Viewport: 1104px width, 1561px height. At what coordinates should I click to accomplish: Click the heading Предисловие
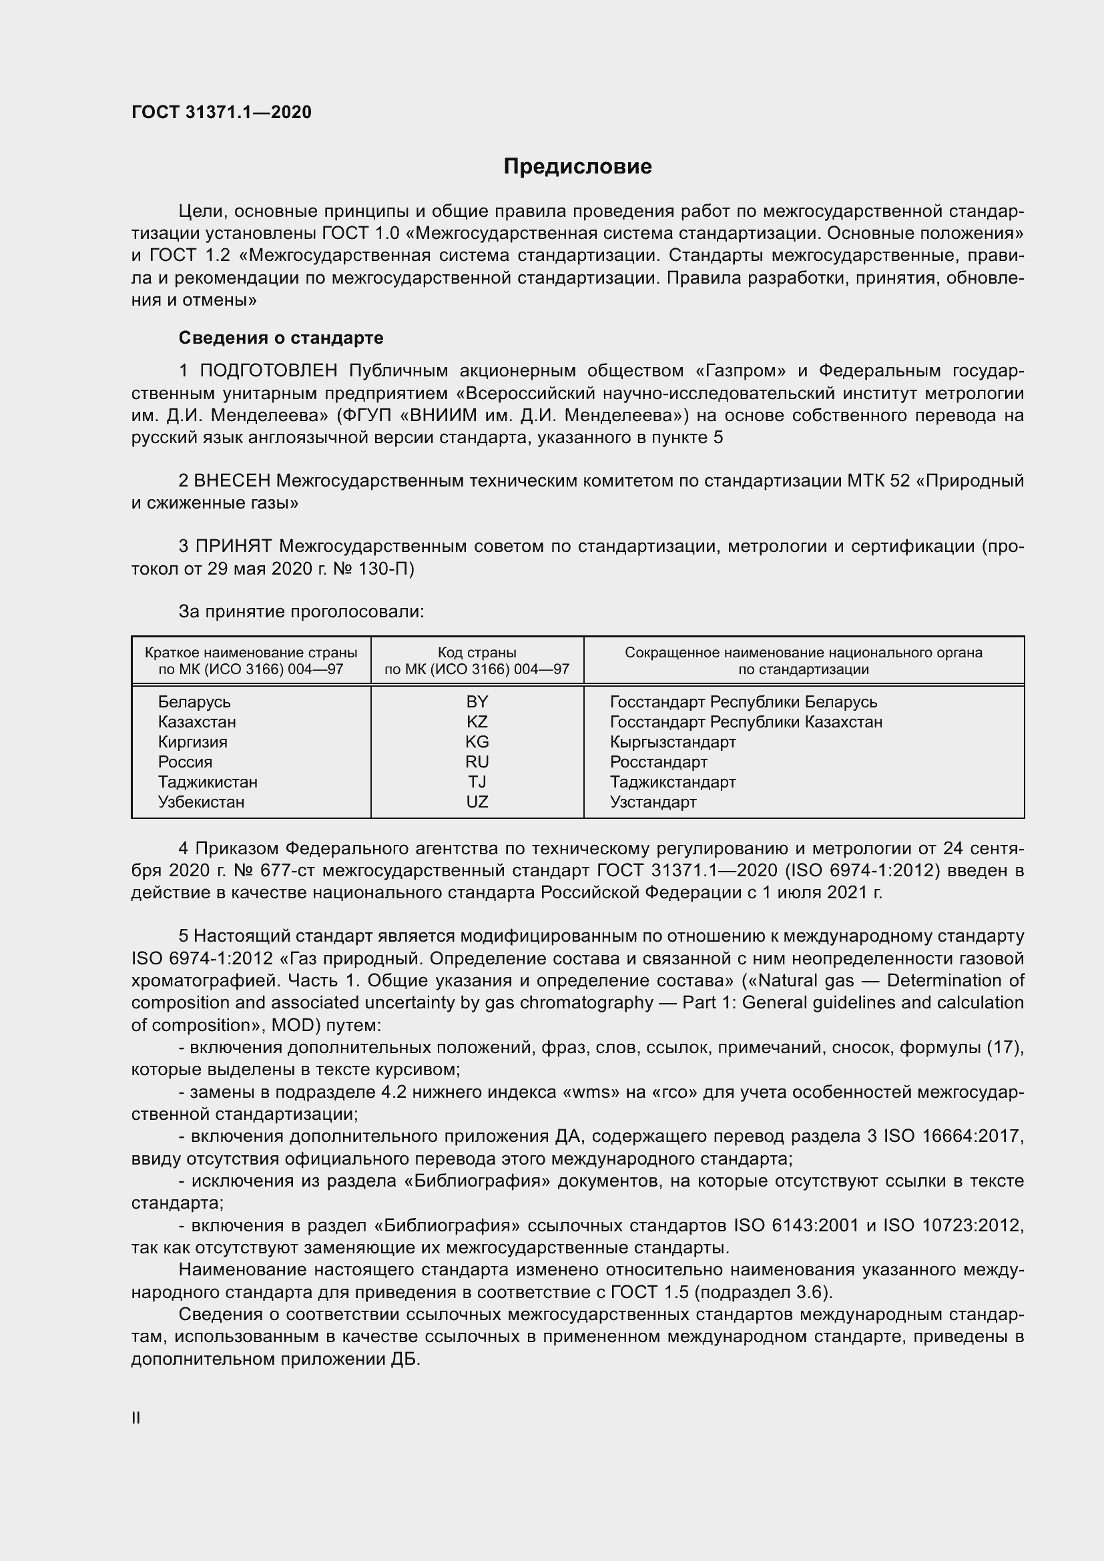(577, 167)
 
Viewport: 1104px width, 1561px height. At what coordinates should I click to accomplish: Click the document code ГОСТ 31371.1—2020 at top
(222, 112)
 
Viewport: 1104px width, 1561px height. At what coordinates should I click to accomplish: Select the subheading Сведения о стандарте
(281, 338)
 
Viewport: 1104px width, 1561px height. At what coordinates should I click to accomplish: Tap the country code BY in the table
(477, 701)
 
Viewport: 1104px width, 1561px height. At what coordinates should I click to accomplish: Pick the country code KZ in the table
(477, 721)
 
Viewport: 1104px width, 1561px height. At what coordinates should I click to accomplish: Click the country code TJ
(477, 782)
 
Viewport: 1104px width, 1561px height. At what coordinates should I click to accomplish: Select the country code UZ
(477, 802)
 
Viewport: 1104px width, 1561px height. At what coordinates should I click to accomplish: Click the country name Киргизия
(192, 741)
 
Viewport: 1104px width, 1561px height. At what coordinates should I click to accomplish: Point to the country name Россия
(185, 761)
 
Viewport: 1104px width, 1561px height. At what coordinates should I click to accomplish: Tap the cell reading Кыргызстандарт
(672, 741)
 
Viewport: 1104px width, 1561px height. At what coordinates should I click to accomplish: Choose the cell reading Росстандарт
(658, 761)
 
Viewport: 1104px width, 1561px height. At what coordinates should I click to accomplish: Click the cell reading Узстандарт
(653, 802)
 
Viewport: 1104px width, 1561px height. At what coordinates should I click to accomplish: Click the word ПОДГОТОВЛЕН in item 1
(268, 370)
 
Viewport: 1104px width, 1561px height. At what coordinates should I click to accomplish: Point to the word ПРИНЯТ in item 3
(233, 546)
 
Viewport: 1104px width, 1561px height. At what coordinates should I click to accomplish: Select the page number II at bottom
(136, 1418)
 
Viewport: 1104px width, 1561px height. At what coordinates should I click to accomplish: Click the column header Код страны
(477, 653)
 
